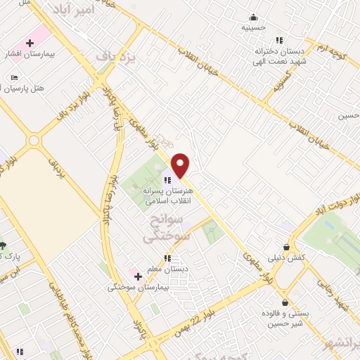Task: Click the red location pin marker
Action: [x=181, y=165]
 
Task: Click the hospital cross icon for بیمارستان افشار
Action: [x=30, y=44]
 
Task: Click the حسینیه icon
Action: [x=253, y=18]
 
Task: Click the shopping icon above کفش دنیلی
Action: [x=286, y=247]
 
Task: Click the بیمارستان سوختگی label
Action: [x=137, y=287]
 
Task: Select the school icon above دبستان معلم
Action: [x=167, y=258]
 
